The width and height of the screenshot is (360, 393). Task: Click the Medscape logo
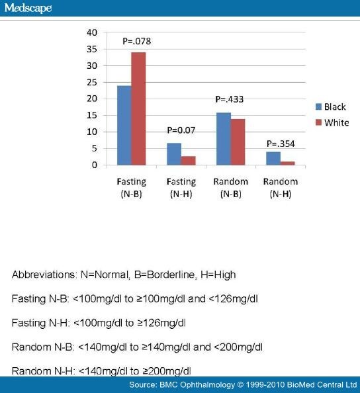[x=28, y=8]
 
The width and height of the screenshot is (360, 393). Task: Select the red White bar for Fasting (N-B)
[x=138, y=109]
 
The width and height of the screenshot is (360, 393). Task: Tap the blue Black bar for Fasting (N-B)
[x=124, y=125]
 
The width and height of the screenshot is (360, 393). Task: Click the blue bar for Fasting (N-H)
[x=174, y=154]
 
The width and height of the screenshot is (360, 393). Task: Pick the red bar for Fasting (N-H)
[x=189, y=161]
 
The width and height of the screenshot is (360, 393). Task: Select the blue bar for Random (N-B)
[x=224, y=139]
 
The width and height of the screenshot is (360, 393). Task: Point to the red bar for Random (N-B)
[x=238, y=142]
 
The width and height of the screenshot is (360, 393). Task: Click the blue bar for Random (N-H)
[x=273, y=158]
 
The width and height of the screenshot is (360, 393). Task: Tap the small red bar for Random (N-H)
[x=288, y=163]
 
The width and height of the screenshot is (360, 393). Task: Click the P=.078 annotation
[x=136, y=42]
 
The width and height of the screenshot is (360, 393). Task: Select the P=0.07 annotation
[x=181, y=130]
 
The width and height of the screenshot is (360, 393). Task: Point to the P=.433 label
[x=230, y=99]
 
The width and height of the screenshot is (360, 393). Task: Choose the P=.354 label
[x=281, y=144]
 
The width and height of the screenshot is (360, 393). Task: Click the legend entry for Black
[x=331, y=107]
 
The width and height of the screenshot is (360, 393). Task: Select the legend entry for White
[x=332, y=122]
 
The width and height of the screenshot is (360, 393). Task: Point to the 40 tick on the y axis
[x=92, y=32]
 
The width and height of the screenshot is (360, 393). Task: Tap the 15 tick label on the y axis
[x=92, y=115]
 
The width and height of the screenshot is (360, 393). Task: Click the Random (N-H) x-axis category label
[x=281, y=187]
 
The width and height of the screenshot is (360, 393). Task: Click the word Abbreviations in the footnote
[x=43, y=275]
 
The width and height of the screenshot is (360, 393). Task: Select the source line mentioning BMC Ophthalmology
[x=243, y=384]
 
